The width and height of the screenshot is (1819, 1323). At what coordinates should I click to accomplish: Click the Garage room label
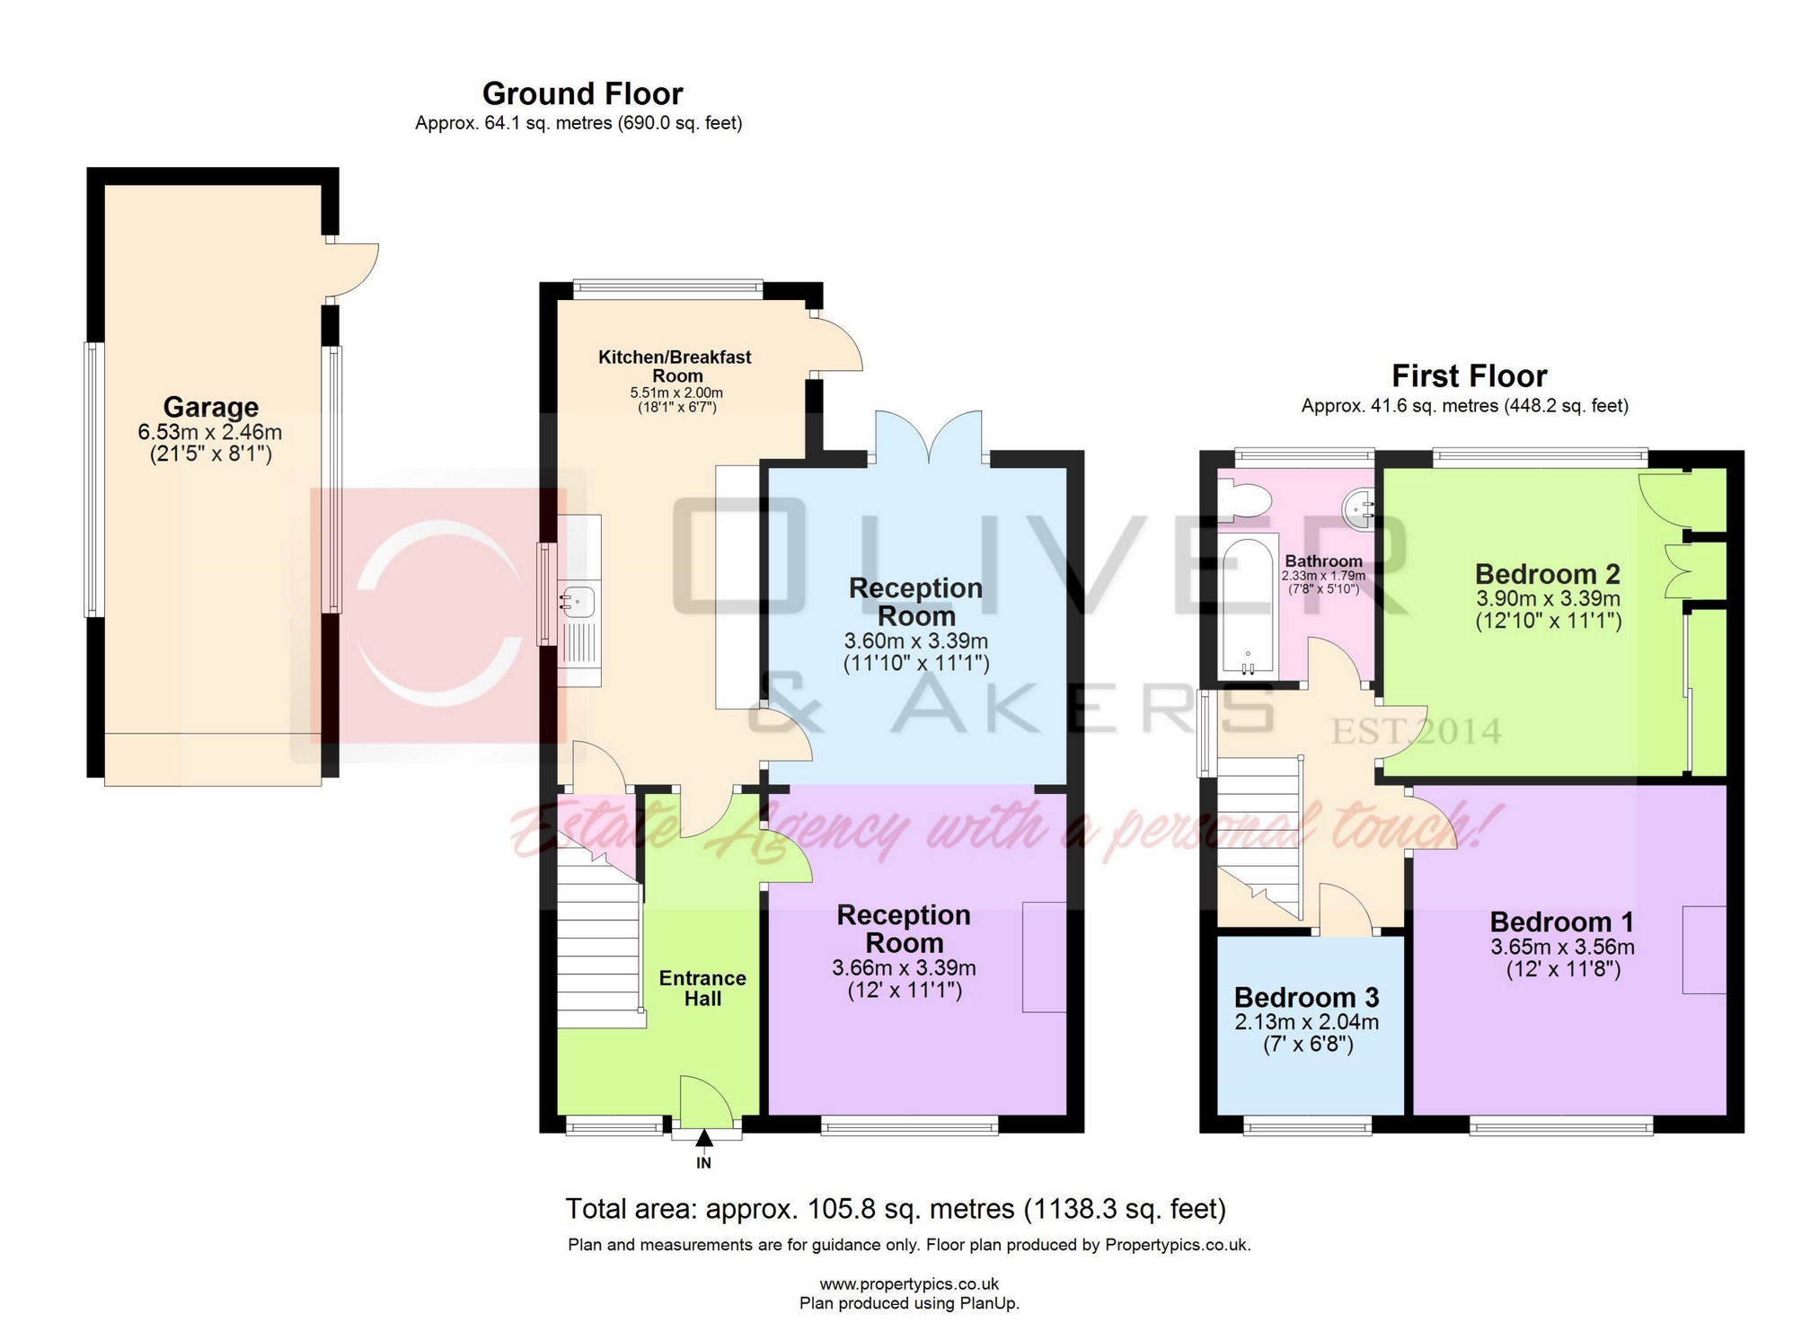pos(210,407)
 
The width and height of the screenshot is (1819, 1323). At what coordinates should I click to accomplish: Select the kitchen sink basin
pos(578,600)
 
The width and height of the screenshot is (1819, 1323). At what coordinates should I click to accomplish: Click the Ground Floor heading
pos(582,93)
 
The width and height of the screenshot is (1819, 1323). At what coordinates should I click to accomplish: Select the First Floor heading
pos(1469,375)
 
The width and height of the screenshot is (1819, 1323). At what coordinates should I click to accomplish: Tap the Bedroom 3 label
pos(1306,997)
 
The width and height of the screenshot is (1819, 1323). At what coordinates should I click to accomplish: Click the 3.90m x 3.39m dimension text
pos(1548,598)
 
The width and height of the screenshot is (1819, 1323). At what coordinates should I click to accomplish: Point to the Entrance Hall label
pos(702,988)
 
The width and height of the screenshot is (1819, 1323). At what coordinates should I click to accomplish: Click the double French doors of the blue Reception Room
pos(929,435)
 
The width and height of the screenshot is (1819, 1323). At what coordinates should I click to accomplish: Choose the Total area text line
pos(895,1209)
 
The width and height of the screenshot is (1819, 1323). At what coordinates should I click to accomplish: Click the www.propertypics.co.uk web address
pos(908,1284)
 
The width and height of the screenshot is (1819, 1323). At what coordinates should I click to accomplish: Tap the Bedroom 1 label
pos(1561,922)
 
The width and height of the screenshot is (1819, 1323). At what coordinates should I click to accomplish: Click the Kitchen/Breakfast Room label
pos(676,366)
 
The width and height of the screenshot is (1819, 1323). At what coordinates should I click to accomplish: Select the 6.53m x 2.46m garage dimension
pos(209,432)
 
